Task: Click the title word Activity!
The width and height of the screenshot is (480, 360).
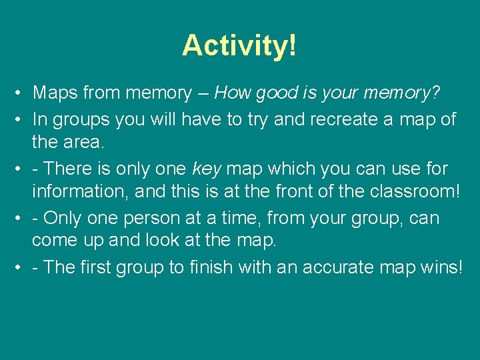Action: [x=239, y=45]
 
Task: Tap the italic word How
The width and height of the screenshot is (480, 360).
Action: [x=233, y=93]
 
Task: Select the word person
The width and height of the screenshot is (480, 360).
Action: [x=148, y=218]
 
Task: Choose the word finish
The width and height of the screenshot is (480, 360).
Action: [x=213, y=267]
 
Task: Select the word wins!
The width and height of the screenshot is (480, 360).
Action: [x=441, y=267]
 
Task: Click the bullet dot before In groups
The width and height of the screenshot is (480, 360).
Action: [x=21, y=120]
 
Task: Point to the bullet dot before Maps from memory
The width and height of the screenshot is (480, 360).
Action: [x=21, y=94]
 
